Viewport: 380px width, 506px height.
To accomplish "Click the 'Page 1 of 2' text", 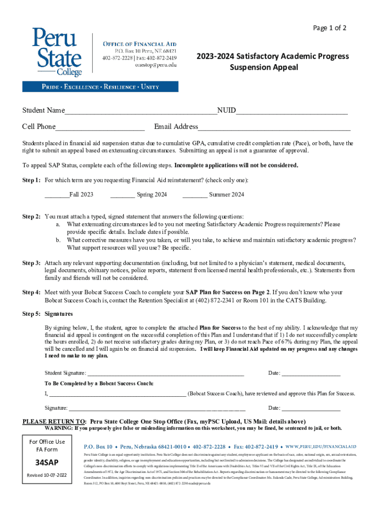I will coord(330,28).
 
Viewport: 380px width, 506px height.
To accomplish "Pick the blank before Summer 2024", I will coord(194,195).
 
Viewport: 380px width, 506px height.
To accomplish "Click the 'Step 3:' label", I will coord(32,263).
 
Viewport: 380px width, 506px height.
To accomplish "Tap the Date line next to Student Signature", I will coord(310,374).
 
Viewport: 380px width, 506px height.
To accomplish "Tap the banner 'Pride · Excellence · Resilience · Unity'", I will coord(100,87).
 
